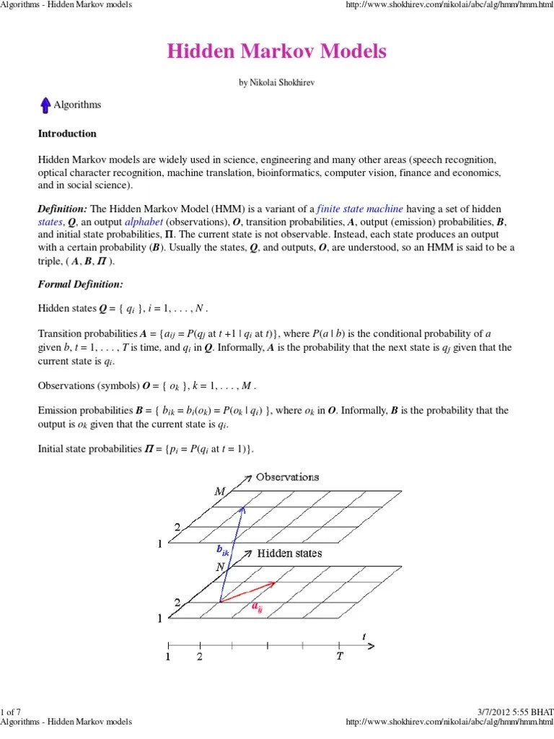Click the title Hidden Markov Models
tap(277, 52)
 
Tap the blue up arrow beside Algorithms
tap(45, 105)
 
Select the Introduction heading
tap(66, 134)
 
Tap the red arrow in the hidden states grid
tap(247, 591)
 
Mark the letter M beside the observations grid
tap(219, 491)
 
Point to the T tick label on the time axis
tap(339, 657)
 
